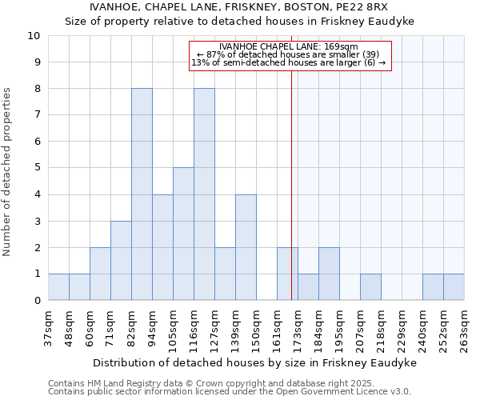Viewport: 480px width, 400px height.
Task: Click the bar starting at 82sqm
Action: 142,194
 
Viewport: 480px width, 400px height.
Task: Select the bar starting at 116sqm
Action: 204,194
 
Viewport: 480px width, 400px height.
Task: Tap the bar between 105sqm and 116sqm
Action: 183,234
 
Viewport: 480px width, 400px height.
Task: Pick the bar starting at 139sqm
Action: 246,247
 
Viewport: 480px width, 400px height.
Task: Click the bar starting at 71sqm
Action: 121,261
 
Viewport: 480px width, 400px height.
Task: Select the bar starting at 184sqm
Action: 329,274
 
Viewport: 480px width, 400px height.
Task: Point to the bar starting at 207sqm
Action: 370,287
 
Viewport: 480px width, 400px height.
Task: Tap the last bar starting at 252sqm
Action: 454,287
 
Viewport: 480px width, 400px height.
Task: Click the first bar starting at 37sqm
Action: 58,287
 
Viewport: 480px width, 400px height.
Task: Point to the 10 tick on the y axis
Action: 35,36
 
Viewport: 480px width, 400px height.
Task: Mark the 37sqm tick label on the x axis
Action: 48,327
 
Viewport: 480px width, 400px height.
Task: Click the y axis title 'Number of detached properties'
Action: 8,173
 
